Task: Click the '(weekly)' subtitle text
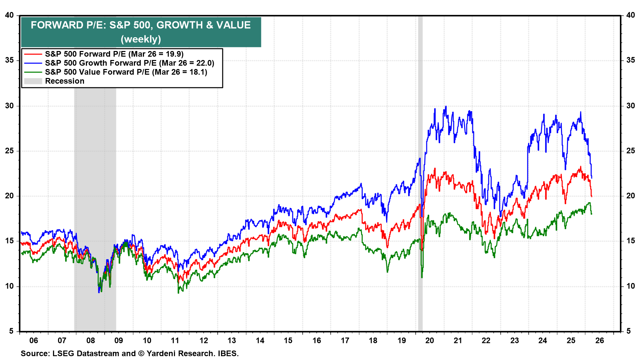pyautogui.click(x=141, y=39)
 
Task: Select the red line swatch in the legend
pyautogui.click(x=33, y=54)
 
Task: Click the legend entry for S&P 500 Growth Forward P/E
pyautogui.click(x=129, y=63)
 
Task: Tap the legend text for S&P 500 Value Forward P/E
pyautogui.click(x=126, y=72)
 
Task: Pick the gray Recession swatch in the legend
pyautogui.click(x=33, y=81)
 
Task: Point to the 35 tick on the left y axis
pyautogui.click(x=9, y=60)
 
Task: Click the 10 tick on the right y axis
pyautogui.click(x=630, y=286)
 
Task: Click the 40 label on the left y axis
pyautogui.click(x=9, y=15)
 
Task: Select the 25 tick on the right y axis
pyautogui.click(x=630, y=151)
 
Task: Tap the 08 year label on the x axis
pyautogui.click(x=90, y=340)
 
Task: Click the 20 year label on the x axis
pyautogui.click(x=430, y=340)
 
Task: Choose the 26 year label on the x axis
pyautogui.click(x=599, y=340)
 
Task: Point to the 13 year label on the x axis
pyautogui.click(x=232, y=340)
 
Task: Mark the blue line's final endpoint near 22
pyautogui.click(x=592, y=177)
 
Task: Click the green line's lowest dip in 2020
pyautogui.click(x=422, y=277)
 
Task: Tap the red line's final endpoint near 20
pyautogui.click(x=592, y=196)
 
